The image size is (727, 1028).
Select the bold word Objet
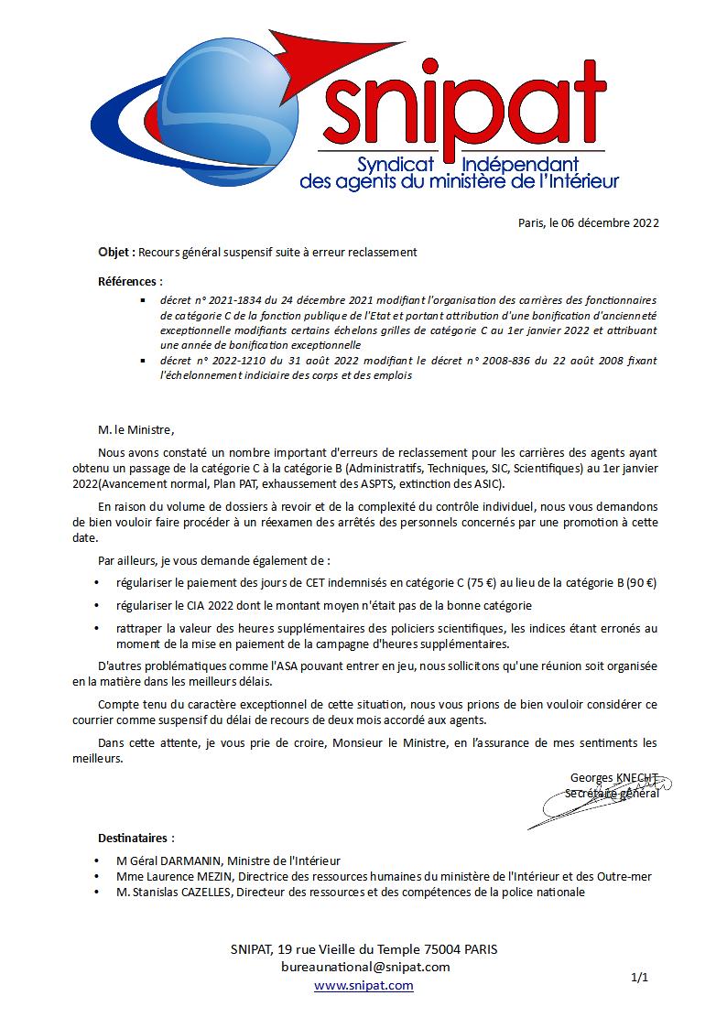click(116, 252)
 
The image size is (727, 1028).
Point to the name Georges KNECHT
click(613, 778)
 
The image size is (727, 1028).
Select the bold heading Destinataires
click(136, 838)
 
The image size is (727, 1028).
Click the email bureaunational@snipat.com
click(365, 967)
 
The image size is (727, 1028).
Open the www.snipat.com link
click(363, 985)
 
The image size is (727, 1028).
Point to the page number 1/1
click(640, 978)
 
